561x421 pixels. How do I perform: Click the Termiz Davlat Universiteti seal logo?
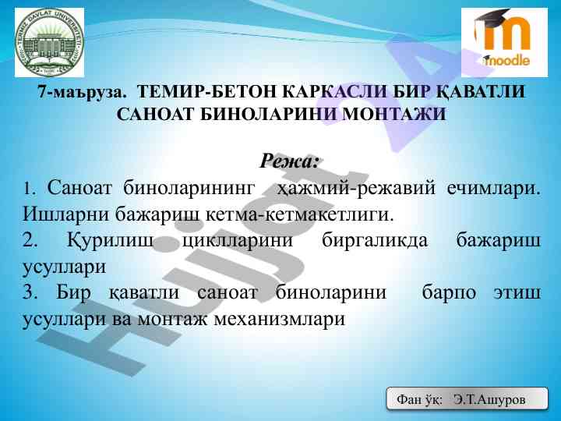(49, 43)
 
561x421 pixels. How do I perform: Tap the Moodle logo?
(504, 43)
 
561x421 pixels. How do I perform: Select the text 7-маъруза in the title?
(83, 92)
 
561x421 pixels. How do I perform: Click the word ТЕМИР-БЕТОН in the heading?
(206, 92)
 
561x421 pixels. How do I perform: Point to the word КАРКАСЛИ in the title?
(335, 92)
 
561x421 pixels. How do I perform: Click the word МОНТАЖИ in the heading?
(394, 114)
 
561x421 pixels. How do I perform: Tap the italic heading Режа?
(289, 161)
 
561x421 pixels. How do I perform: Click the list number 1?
(29, 189)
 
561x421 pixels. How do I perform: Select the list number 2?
(30, 241)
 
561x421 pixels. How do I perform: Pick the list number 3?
(30, 292)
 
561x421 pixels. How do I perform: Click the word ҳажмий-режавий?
(356, 189)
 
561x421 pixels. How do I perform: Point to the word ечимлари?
(494, 189)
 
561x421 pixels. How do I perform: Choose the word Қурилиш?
(110, 241)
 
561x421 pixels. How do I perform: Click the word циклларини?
(238, 241)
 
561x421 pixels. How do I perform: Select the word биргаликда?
(375, 241)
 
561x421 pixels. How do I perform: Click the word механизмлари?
(280, 319)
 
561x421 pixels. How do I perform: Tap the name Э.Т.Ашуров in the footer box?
(489, 399)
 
